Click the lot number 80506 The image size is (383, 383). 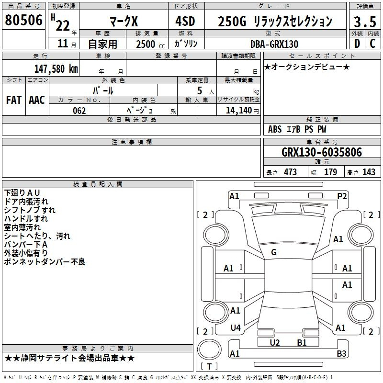[x=23, y=20]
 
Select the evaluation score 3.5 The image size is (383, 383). [x=365, y=22]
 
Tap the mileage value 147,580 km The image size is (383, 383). [x=56, y=69]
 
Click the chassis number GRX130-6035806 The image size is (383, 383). [x=322, y=152]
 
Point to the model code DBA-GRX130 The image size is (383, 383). [x=274, y=44]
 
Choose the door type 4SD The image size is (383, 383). [x=185, y=21]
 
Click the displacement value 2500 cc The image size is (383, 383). [x=150, y=44]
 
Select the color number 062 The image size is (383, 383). [x=79, y=111]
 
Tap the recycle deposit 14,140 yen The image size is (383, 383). [x=242, y=111]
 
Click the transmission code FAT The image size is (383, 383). [x=14, y=100]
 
